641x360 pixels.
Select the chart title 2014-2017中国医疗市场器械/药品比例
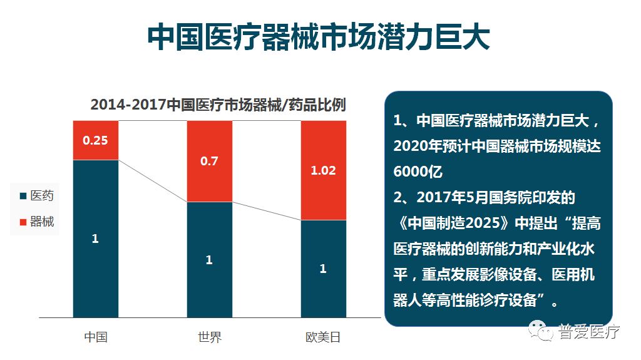pos(218,105)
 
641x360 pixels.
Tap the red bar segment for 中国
pos(95,140)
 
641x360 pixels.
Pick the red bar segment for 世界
pos(209,161)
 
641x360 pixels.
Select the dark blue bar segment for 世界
pos(209,260)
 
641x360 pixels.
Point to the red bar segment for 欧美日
pos(323,170)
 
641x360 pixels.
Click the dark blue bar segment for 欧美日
pos(323,269)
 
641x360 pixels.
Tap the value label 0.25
pos(95,140)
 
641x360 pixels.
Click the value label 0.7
pos(209,161)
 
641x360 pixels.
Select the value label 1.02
pos(323,170)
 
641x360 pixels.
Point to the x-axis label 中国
pos(96,337)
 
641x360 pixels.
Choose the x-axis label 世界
pos(209,337)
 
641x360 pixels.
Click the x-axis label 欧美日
pos(323,337)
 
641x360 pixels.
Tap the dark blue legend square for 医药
pos(23,196)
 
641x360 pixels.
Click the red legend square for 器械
pos(23,222)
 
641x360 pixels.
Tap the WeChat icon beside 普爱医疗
pos(541,331)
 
